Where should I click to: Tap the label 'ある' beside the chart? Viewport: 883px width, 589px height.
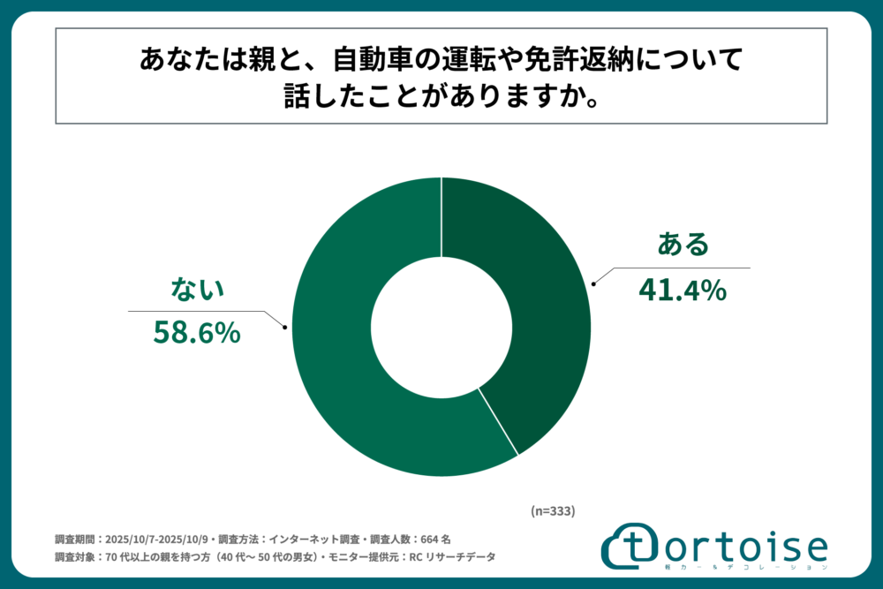click(x=683, y=244)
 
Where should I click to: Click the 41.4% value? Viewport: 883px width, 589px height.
click(x=683, y=289)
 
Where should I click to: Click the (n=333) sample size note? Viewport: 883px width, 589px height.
click(x=553, y=510)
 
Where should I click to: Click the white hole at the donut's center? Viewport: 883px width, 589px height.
click(x=441, y=327)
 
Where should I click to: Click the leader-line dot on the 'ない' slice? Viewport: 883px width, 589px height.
click(x=284, y=328)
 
